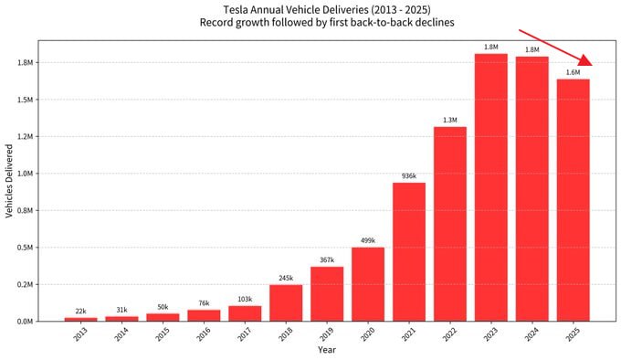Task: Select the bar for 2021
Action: [409, 251]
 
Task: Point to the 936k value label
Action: [409, 176]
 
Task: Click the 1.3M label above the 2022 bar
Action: [450, 120]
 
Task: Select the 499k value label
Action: [368, 241]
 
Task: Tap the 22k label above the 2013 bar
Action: [80, 312]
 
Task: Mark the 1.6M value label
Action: [574, 72]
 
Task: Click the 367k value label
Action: [327, 260]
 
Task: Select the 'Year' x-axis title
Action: [327, 350]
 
